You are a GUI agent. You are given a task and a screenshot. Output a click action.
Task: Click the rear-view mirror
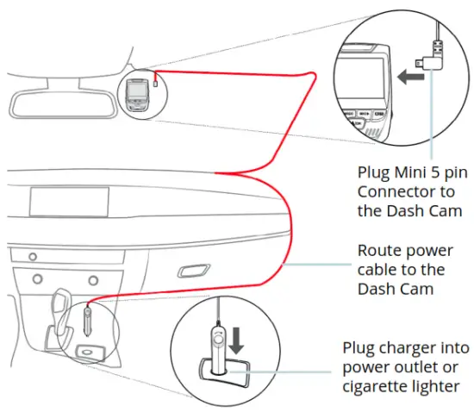(60, 101)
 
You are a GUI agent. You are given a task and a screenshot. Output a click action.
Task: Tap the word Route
(380, 252)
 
